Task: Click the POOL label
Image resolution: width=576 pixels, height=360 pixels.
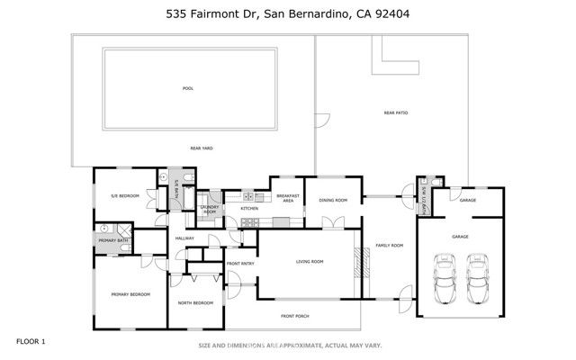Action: pyautogui.click(x=188, y=88)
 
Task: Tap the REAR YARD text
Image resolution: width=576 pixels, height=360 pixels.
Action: pyautogui.click(x=201, y=148)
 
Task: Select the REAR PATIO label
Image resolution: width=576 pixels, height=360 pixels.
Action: pyautogui.click(x=395, y=112)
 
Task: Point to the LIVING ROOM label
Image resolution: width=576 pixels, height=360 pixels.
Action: pyautogui.click(x=310, y=262)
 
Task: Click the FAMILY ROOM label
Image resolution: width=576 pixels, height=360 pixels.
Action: pyautogui.click(x=389, y=245)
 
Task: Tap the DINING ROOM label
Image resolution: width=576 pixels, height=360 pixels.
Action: pyautogui.click(x=334, y=200)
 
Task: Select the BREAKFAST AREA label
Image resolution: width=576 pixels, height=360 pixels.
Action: pyautogui.click(x=287, y=199)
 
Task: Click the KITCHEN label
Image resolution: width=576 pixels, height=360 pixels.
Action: pyautogui.click(x=249, y=209)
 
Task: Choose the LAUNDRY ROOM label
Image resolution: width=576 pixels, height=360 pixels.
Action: pyautogui.click(x=209, y=210)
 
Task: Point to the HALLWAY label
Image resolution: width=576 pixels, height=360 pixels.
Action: pyautogui.click(x=184, y=238)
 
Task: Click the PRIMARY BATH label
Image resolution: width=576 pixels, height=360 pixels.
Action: pyautogui.click(x=112, y=239)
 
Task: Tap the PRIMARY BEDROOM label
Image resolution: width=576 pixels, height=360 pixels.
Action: pyautogui.click(x=130, y=294)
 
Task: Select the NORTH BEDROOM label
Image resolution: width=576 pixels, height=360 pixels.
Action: pyautogui.click(x=195, y=302)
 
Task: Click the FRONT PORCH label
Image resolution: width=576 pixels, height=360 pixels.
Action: pyautogui.click(x=294, y=316)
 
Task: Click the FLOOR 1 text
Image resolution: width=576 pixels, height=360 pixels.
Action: pyautogui.click(x=31, y=341)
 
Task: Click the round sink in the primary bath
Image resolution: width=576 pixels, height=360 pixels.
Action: pyautogui.click(x=104, y=228)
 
